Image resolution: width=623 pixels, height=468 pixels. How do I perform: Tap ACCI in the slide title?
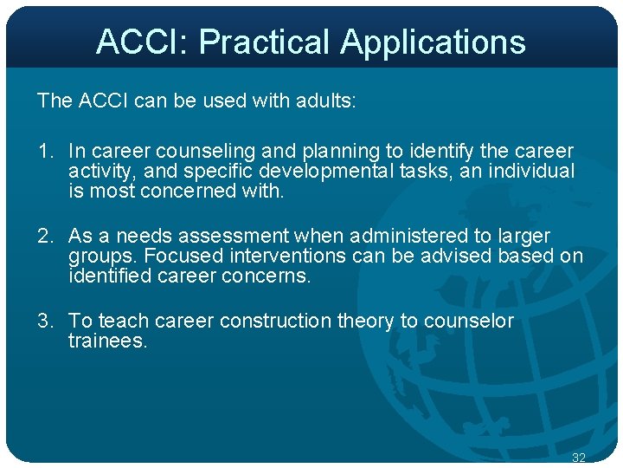click(138, 42)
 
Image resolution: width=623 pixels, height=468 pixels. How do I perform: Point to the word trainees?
click(108, 341)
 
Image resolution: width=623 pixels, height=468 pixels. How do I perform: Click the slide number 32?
click(579, 457)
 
